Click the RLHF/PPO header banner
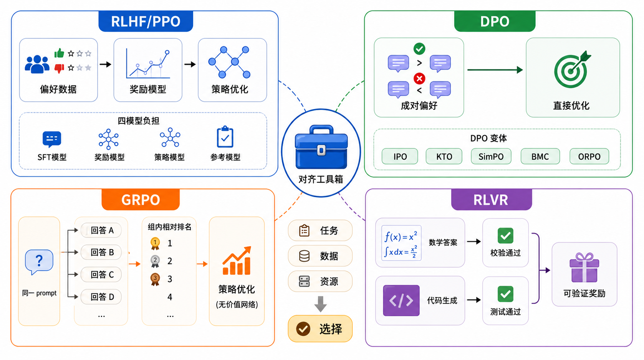[x=146, y=21]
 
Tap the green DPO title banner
[x=495, y=21]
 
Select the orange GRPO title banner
[x=141, y=200]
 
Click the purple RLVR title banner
[x=491, y=200]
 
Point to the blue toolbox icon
[x=321, y=147]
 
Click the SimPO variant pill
[x=491, y=156]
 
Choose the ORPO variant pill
[x=589, y=156]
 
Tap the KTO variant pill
[x=444, y=156]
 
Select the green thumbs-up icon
[x=59, y=53]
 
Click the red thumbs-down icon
[x=59, y=68]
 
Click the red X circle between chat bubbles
[x=419, y=78]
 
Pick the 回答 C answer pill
[x=101, y=274]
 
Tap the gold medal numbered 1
[x=155, y=243]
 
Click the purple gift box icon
[x=584, y=268]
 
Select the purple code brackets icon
[x=401, y=300]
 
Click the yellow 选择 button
[x=320, y=329]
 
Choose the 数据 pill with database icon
[x=320, y=256]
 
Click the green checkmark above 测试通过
[x=505, y=294]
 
